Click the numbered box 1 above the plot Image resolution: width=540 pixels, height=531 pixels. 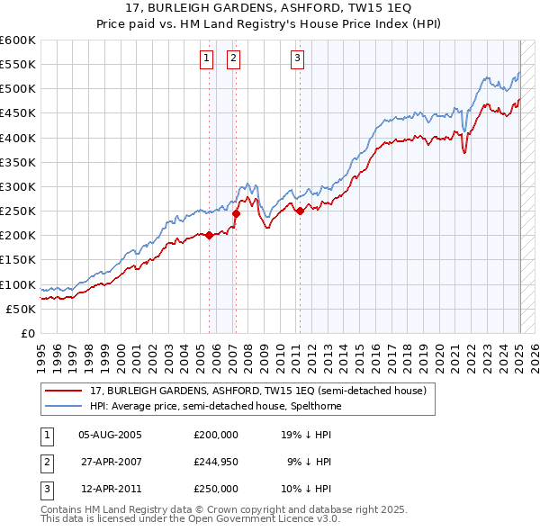(x=207, y=59)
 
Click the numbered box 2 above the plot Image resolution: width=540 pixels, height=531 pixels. (x=233, y=59)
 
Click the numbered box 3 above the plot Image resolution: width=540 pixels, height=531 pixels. (x=297, y=59)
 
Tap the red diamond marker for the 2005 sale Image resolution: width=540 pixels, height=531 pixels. (x=210, y=235)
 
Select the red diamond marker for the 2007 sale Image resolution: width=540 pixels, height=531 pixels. (x=236, y=213)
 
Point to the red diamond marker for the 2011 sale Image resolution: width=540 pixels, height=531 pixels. (x=300, y=211)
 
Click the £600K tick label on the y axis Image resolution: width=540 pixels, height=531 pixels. (x=18, y=40)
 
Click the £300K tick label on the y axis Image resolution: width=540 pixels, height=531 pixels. (x=18, y=186)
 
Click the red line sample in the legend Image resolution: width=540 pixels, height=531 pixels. (x=65, y=390)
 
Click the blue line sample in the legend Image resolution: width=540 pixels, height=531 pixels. (x=65, y=406)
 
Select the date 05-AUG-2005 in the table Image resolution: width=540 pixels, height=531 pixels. (x=111, y=435)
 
